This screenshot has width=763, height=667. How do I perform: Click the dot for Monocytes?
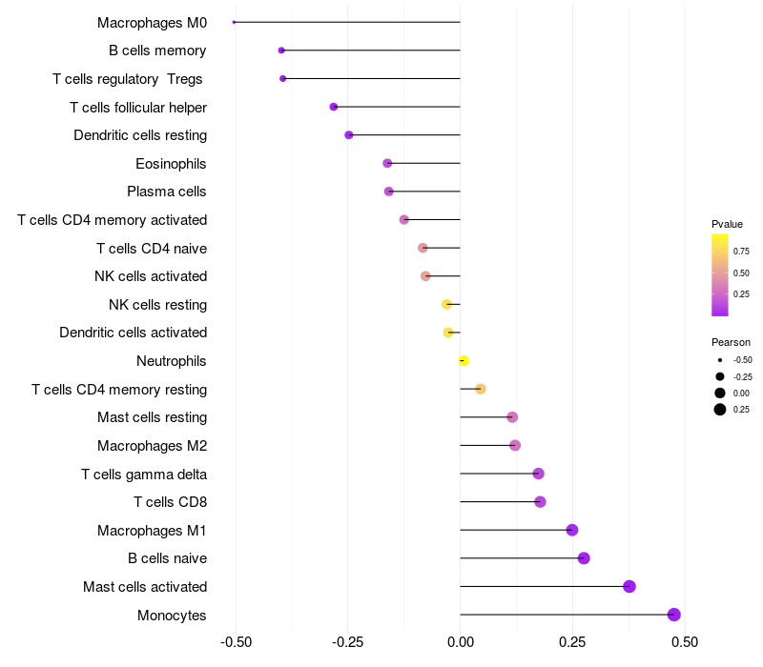point(674,615)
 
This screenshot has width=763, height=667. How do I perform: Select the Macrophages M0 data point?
point(235,22)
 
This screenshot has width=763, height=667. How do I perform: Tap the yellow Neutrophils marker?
point(464,360)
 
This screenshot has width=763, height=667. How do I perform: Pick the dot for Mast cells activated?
point(629,586)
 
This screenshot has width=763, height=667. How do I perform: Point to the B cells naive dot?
point(584,558)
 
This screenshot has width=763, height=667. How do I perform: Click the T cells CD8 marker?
point(540,502)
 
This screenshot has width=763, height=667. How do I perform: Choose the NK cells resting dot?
point(446,304)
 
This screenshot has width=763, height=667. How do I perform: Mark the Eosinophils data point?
point(387,163)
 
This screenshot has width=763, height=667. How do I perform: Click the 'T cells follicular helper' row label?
point(138,107)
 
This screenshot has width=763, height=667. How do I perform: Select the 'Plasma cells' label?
point(167,192)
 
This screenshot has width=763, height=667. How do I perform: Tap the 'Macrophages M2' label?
point(152,446)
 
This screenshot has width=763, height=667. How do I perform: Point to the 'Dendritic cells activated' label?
point(133,333)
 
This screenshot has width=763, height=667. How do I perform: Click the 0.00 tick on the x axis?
point(460,642)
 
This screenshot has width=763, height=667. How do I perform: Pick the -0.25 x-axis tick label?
point(347,642)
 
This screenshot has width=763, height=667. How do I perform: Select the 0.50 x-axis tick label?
point(685,642)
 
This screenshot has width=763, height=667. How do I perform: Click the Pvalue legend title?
point(727,224)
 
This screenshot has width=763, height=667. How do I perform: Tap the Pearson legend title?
point(731,342)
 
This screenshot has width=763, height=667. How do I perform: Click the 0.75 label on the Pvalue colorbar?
point(741,252)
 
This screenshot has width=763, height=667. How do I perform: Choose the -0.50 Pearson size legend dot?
point(720,360)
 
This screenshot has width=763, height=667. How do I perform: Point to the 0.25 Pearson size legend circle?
point(720,410)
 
